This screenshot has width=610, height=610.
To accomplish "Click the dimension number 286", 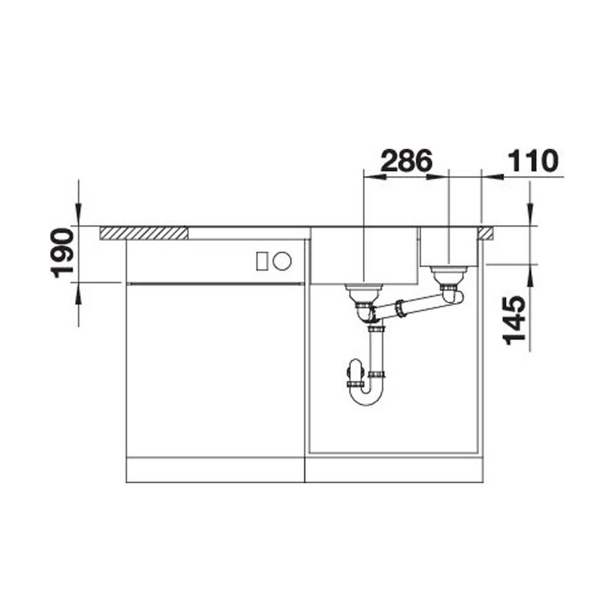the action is point(406,160).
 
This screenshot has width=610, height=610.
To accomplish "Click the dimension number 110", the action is point(533,160).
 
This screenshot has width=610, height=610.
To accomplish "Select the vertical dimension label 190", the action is point(62,253).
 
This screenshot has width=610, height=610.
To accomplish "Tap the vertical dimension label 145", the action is point(515,320).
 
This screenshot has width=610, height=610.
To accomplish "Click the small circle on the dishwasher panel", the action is point(282,261).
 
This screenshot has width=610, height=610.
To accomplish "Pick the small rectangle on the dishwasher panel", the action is point(261,261).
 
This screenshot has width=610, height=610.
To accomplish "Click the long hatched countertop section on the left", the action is point(144,233).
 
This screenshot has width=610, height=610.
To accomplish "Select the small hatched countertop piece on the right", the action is point(486,233).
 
